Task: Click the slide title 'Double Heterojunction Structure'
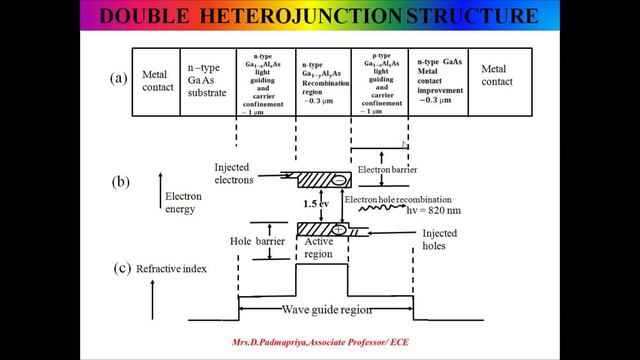click(x=320, y=17)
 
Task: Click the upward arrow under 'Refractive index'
click(x=152, y=299)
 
